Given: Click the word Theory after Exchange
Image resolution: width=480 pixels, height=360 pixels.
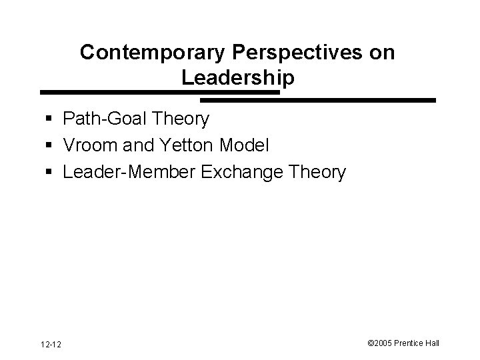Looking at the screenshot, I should (316, 172).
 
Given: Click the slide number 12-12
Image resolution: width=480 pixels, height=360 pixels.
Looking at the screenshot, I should (51, 344).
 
